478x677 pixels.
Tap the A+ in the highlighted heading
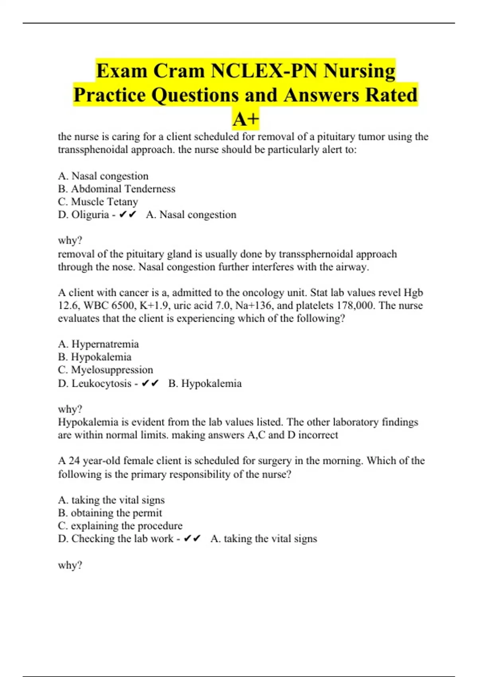coord(246,119)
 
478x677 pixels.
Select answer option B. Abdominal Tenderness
coord(116,189)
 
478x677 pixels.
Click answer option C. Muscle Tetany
coord(98,202)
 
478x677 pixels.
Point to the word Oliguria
coord(90,215)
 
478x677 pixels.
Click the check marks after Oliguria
coord(127,215)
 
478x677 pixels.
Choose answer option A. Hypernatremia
coord(98,344)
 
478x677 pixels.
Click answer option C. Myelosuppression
coord(106,370)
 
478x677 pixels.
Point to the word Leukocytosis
coord(102,384)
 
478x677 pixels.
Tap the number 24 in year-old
coord(74,461)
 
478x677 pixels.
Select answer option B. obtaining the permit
coord(110,513)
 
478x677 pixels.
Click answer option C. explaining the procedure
coord(120,526)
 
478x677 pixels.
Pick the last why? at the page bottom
coord(70,565)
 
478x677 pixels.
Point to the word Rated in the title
coord(391,95)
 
